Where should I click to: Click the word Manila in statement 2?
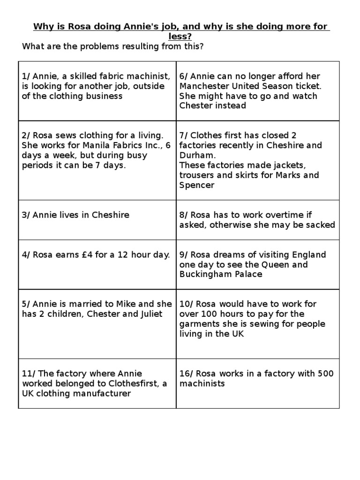pos(93,145)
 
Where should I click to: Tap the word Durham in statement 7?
pos(197,155)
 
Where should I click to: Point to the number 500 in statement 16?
pos(325,374)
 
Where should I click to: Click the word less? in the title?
pos(180,36)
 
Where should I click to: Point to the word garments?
pos(197,324)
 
